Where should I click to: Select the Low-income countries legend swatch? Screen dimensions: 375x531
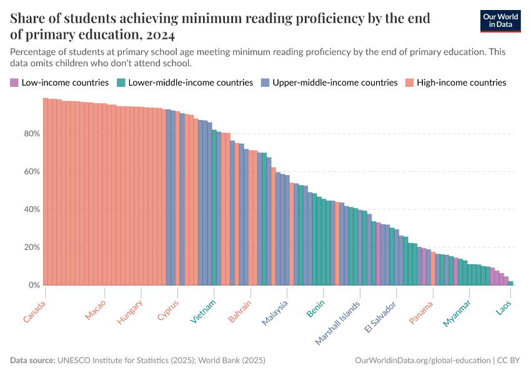coord(14,82)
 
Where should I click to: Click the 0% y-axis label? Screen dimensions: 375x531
coord(34,285)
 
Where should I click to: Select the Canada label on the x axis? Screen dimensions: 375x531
coord(35,311)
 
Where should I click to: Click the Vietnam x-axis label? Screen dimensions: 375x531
coord(204,311)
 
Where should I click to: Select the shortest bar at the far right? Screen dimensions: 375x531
coord(510,283)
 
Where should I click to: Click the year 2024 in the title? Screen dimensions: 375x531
coord(161,34)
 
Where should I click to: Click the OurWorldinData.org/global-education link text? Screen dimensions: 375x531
coord(422,361)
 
